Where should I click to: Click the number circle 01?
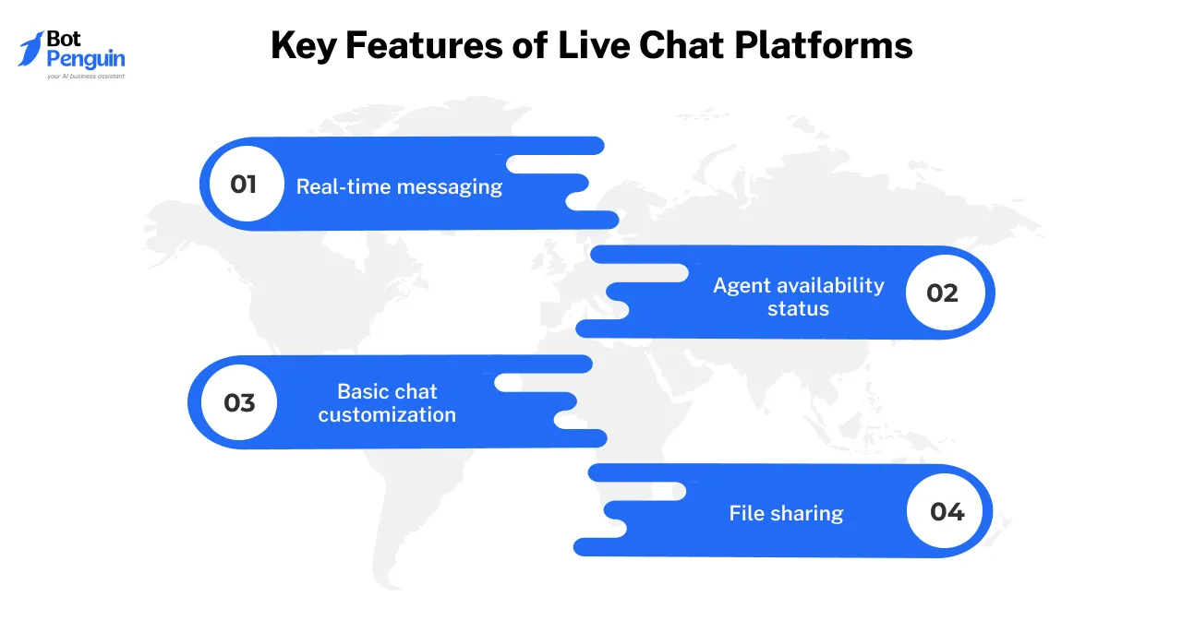(x=243, y=184)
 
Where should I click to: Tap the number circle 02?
(x=943, y=293)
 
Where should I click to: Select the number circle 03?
(x=239, y=403)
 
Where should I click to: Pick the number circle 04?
(x=947, y=511)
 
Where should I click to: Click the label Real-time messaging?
(x=399, y=186)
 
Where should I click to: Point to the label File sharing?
(x=786, y=513)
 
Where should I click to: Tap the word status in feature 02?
(x=798, y=308)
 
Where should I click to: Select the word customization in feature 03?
(x=387, y=414)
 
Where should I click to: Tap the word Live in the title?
(x=592, y=45)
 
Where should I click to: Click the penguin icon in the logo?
(x=30, y=49)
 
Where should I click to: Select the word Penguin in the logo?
(x=86, y=60)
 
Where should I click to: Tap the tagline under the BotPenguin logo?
(x=85, y=77)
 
